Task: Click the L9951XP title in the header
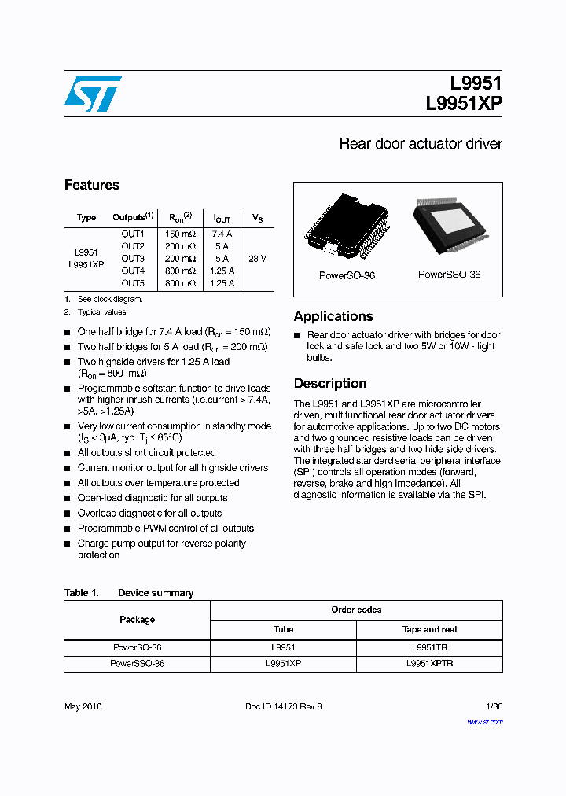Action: pyautogui.click(x=464, y=104)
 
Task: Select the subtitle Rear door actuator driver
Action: pyautogui.click(x=420, y=144)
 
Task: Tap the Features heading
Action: pyautogui.click(x=92, y=185)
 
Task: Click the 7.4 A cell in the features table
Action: pyautogui.click(x=222, y=234)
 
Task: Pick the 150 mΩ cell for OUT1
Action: pyautogui.click(x=180, y=234)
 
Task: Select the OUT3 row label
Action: pyautogui.click(x=133, y=258)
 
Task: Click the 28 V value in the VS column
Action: pyautogui.click(x=257, y=258)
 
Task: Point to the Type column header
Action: pyautogui.click(x=86, y=217)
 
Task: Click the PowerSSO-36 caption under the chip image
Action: pyautogui.click(x=449, y=275)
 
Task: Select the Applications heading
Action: pyautogui.click(x=333, y=316)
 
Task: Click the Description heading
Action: pyautogui.click(x=330, y=383)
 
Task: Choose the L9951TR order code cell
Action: pyautogui.click(x=429, y=647)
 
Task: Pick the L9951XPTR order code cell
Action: pyautogui.click(x=429, y=663)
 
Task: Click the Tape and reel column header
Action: pyautogui.click(x=429, y=629)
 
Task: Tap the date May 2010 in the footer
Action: pyautogui.click(x=83, y=706)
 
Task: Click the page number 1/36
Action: pyautogui.click(x=493, y=706)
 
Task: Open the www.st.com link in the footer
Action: pyautogui.click(x=485, y=722)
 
